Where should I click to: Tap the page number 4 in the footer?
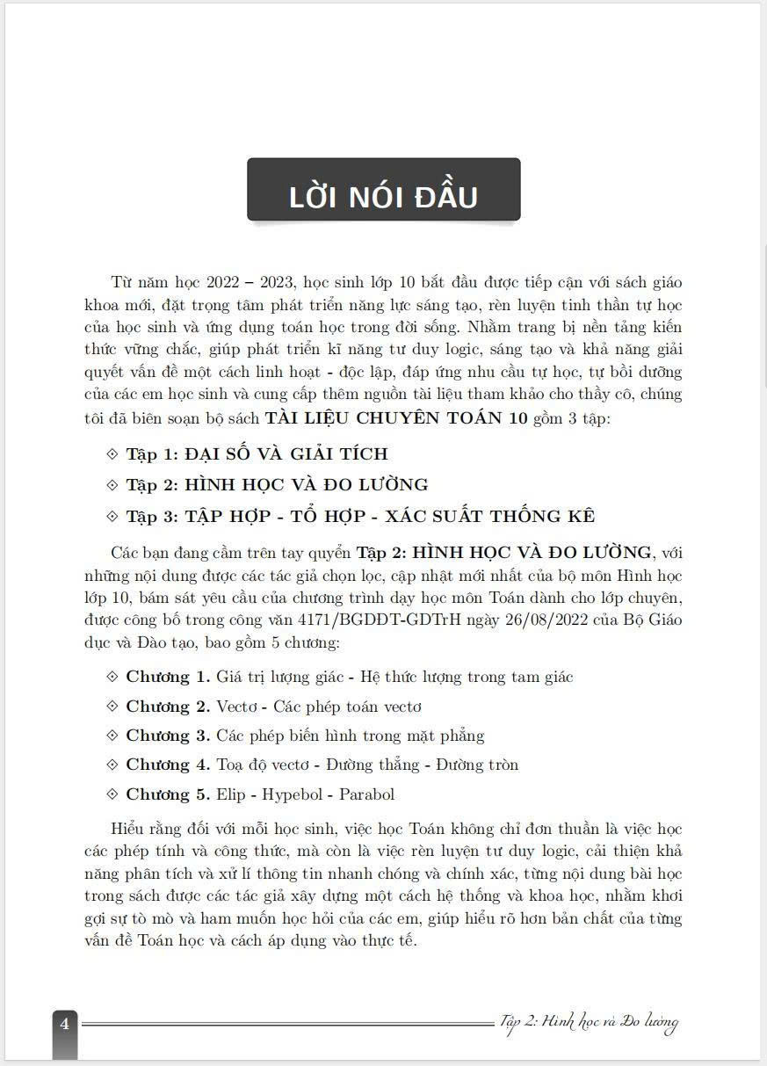pos(64,1023)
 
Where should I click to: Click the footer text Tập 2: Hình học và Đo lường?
pos(588,1022)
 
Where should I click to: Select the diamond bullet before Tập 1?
pos(112,453)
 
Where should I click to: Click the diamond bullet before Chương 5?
pos(112,794)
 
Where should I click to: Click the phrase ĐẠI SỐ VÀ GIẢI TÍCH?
pos(286,454)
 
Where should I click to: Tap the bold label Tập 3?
pos(153,516)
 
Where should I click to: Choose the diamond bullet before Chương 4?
pos(112,765)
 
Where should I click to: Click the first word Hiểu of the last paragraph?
pos(129,830)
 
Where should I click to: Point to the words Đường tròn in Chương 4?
pos(481,765)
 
